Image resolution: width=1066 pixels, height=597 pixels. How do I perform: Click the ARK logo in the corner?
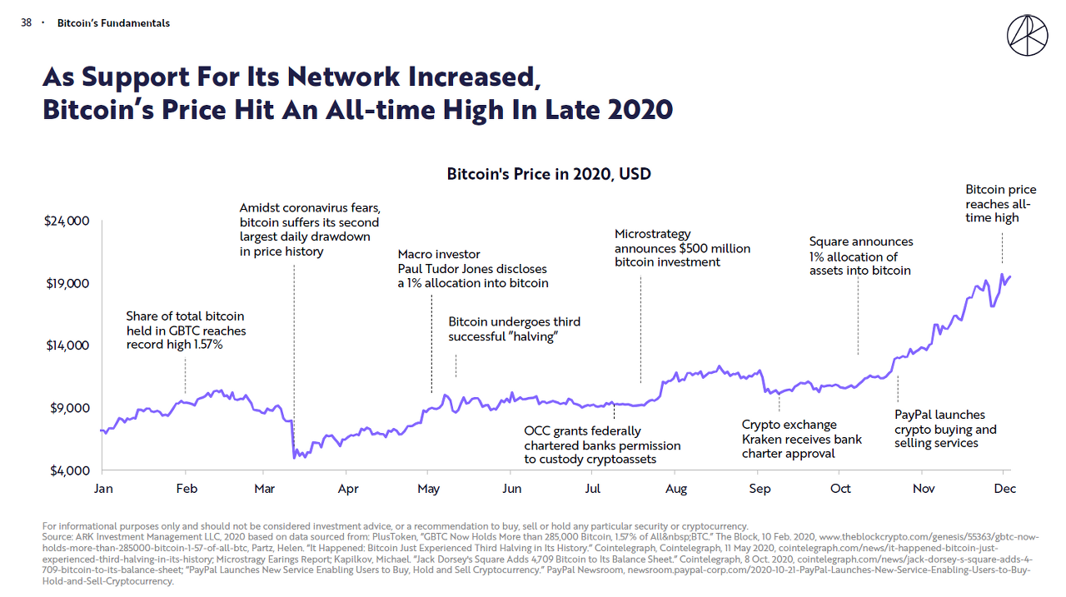[1027, 35]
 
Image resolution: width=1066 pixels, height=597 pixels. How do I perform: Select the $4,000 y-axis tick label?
[71, 470]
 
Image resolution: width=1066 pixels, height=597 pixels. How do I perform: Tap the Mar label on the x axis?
[264, 489]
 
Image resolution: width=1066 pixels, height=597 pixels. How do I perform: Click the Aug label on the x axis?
[676, 489]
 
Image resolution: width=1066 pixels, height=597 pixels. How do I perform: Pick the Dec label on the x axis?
[1004, 489]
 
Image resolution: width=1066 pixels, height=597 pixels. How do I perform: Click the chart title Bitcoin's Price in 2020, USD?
[549, 174]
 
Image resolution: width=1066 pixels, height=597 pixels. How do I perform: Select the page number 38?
[26, 23]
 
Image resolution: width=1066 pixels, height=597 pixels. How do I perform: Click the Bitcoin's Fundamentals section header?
[113, 23]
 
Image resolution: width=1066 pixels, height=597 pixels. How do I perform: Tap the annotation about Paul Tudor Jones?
[472, 268]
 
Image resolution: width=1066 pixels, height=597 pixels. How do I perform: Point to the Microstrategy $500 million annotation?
[682, 248]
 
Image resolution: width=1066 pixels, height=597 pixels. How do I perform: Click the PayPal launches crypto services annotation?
[945, 429]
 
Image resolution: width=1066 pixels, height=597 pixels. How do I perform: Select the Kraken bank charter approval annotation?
[801, 439]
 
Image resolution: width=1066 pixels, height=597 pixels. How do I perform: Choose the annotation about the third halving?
[514, 329]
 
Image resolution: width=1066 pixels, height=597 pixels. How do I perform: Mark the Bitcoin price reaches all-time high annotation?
[1000, 203]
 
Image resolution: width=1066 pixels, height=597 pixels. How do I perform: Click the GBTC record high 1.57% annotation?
[186, 330]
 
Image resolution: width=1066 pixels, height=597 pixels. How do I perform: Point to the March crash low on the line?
[295, 457]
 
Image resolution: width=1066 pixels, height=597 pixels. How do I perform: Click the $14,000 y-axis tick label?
[68, 346]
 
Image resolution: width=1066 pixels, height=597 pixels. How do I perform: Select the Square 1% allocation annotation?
[860, 256]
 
